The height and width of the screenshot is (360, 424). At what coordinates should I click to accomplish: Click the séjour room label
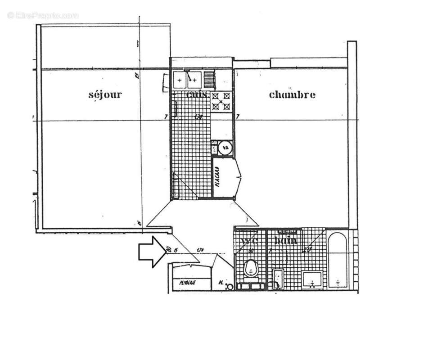pos(105,94)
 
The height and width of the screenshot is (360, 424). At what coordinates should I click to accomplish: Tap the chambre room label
pos(292,94)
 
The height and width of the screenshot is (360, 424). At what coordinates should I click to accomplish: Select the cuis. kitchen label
pos(197,95)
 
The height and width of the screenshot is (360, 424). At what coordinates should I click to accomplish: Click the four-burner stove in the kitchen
pos(221,101)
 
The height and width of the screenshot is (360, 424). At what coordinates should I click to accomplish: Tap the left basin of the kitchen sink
pos(180,80)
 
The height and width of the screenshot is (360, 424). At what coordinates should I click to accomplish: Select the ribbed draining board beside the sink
pos(208,80)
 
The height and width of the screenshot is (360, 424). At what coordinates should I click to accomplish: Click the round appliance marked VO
pos(226,147)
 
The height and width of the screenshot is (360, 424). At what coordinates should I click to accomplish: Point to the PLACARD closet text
pos(217,178)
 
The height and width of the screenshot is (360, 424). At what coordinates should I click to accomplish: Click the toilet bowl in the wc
pos(250,270)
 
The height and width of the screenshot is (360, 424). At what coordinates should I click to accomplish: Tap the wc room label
pos(249,241)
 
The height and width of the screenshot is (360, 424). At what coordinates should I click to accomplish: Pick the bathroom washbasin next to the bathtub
pos(312,279)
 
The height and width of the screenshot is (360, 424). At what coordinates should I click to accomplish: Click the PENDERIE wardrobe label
pos(187,283)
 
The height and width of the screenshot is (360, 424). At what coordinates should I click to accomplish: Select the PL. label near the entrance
pos(221,283)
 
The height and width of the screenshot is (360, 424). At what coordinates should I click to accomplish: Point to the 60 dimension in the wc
pos(251,251)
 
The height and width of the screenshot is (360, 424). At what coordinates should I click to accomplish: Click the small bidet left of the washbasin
pos(278,278)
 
